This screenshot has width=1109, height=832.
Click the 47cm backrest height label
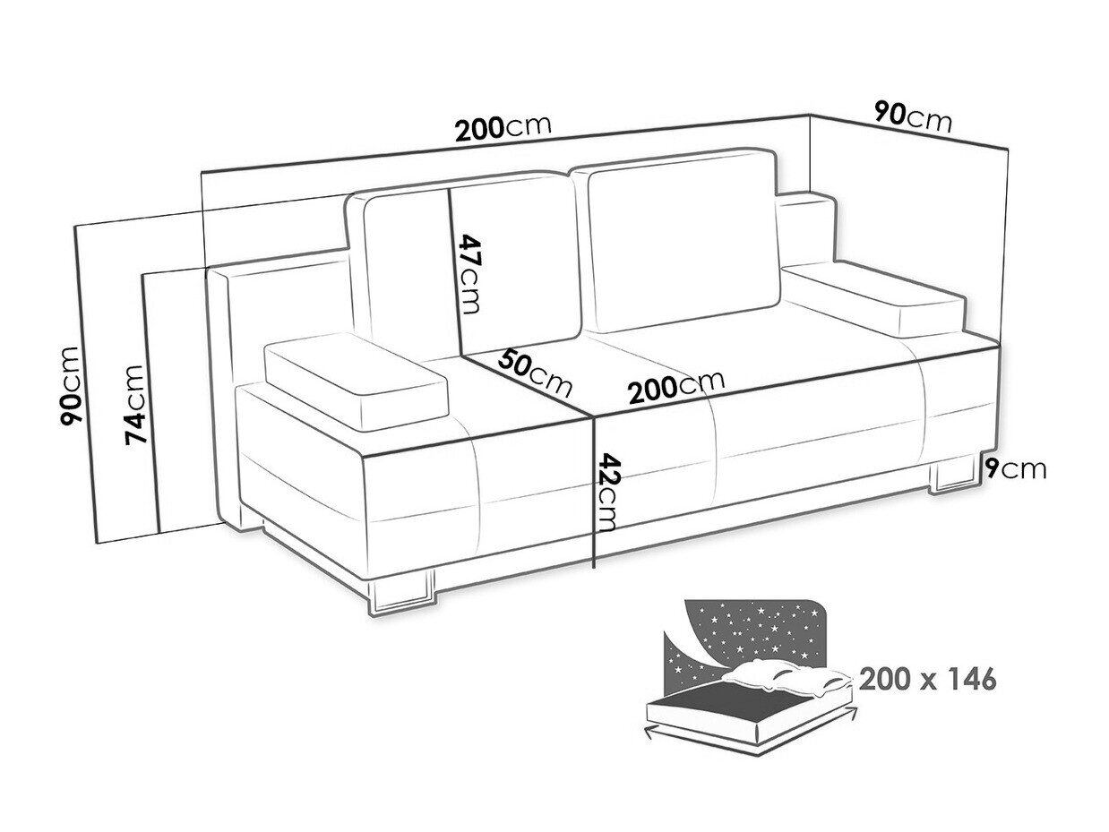[x=468, y=274]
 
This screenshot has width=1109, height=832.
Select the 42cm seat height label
[x=606, y=493]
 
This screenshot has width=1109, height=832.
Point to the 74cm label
[x=135, y=404]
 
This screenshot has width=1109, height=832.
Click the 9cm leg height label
[x=1015, y=470]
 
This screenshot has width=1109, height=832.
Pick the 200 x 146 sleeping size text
[x=928, y=679]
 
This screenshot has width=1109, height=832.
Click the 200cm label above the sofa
[x=503, y=129]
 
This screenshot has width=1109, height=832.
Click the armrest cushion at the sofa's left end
[x=356, y=381]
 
